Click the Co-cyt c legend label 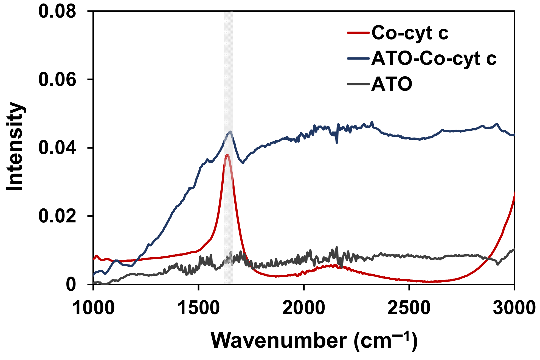click(410, 33)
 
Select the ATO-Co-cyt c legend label click(434, 58)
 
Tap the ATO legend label click(392, 84)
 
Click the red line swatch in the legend click(358, 33)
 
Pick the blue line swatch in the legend click(358, 58)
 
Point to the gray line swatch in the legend click(358, 84)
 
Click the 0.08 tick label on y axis click(57, 12)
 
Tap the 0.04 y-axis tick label click(57, 148)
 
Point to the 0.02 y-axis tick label click(57, 216)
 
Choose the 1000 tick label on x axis click(93, 308)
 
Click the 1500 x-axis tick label click(198, 308)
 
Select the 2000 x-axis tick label click(304, 308)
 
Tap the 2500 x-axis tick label click(409, 308)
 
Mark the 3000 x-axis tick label click(514, 308)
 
